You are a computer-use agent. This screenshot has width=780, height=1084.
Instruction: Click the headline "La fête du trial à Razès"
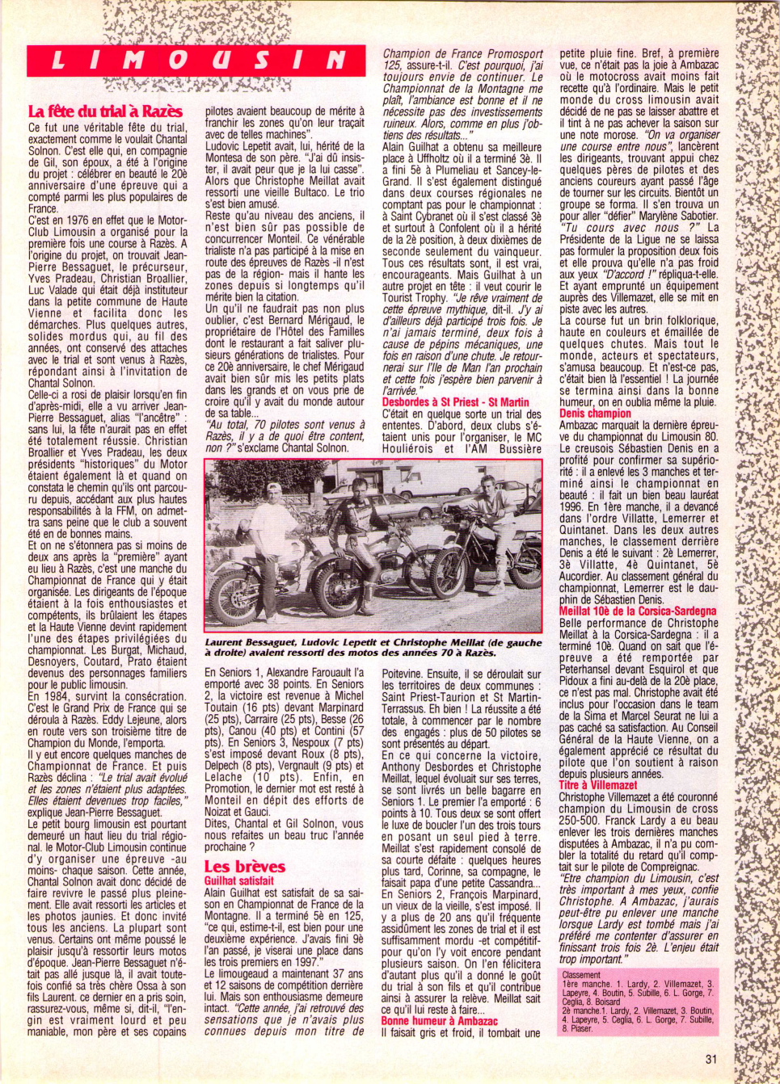105,111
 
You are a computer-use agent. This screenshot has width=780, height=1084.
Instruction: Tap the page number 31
711,1059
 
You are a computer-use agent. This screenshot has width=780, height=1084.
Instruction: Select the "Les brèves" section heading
244,867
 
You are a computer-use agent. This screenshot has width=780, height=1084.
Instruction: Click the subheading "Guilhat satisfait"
239,880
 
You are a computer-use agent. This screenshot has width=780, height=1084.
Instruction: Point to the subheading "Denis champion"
595,414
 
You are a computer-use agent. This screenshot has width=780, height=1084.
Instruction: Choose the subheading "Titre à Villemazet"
597,785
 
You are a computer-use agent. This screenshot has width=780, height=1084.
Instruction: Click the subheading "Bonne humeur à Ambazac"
440,1021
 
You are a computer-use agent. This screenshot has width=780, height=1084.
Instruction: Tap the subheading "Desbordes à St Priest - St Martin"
455,401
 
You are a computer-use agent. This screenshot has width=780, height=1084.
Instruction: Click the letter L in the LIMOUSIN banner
59,60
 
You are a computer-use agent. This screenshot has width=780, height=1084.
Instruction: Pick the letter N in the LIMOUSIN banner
336,60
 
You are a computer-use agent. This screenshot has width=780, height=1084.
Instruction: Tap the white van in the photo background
424,483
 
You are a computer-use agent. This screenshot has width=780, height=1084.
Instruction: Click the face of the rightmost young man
487,488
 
